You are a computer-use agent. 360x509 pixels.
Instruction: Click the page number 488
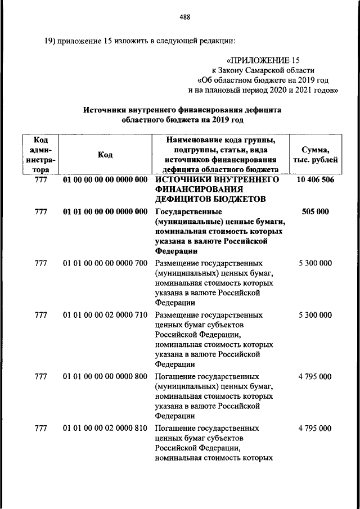tap(185, 16)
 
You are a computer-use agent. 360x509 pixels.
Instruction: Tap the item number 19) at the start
tap(52, 41)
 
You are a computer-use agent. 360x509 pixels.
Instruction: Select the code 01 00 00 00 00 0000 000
tap(105, 179)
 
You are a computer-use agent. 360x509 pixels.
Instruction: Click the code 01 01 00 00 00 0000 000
tap(105, 211)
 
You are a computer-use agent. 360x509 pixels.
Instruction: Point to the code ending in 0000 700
tap(105, 263)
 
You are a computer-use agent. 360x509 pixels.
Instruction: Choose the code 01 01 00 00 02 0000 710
tap(105, 315)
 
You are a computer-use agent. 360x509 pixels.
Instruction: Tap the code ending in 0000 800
tap(105, 376)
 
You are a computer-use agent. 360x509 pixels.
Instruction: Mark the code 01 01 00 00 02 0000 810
tap(105, 429)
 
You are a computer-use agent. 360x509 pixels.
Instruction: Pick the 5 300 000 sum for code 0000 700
tap(314, 263)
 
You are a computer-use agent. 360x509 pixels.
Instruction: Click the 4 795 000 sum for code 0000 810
tap(314, 429)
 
